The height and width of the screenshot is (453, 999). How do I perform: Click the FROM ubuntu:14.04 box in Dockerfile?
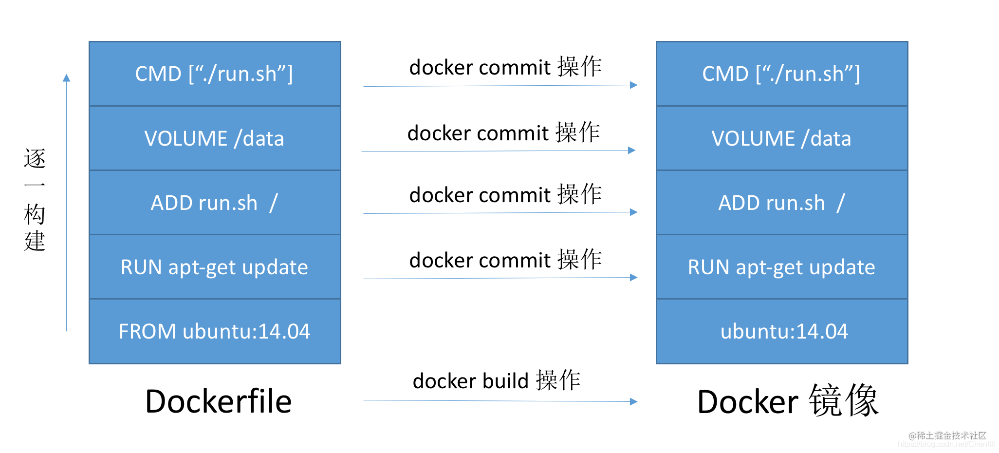click(215, 331)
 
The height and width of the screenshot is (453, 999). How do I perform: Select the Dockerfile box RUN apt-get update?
click(215, 267)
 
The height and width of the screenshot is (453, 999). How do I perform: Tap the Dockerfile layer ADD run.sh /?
click(215, 203)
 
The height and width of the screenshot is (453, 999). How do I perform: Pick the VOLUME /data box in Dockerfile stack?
click(215, 138)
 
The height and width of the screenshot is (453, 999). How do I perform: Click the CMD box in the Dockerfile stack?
click(215, 74)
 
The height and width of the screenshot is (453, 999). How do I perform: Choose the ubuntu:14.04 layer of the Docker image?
click(782, 331)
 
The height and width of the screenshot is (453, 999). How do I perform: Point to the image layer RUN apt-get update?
click(782, 267)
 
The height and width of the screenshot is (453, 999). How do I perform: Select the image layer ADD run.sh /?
click(782, 203)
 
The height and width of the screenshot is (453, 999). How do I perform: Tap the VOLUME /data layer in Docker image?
click(782, 138)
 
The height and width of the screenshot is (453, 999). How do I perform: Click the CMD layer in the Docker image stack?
click(782, 74)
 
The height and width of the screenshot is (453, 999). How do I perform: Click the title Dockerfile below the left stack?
click(219, 401)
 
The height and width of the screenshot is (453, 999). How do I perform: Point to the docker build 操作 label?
click(497, 380)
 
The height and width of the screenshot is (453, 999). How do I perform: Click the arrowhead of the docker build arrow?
click(634, 402)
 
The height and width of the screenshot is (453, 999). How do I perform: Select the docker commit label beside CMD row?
click(506, 67)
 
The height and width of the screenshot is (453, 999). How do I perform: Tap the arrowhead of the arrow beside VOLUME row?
click(632, 151)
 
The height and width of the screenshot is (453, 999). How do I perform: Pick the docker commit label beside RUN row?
click(506, 260)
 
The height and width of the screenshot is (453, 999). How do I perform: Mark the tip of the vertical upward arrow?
click(67, 74)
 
